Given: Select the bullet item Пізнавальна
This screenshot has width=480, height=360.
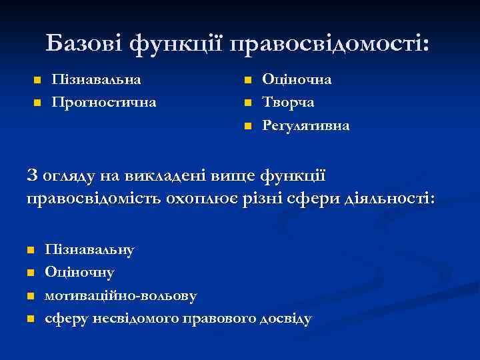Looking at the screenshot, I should coord(96,79).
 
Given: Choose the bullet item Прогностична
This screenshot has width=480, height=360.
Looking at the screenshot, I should coord(104,102).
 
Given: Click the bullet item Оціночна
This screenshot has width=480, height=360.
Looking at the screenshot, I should coord(297,79).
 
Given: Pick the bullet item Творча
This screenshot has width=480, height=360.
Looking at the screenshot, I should coord(288,102).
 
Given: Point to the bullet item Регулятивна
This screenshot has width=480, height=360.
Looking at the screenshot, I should coord(305,125).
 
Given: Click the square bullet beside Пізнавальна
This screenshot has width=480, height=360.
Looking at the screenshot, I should coord(37,81).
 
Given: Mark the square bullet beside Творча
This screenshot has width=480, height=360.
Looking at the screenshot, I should coord(247,103).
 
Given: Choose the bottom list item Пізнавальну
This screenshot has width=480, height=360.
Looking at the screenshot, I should coord(89,249).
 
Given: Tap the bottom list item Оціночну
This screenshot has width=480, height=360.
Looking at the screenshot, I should coord(79,272).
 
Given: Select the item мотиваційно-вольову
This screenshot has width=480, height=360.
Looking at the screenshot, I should coord(121,295).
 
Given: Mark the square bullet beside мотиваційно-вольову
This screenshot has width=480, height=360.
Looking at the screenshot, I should coord(30,296).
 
